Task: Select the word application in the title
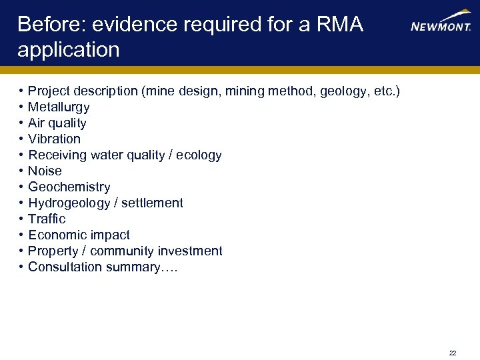(69, 50)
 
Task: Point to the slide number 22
(453, 353)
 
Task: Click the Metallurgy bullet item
(59, 107)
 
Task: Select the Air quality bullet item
(57, 123)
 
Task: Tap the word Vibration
(54, 139)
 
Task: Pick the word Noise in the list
(45, 171)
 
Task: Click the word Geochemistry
(69, 187)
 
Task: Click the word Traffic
(47, 219)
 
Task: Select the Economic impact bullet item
(79, 235)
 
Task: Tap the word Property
(53, 251)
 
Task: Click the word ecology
(199, 155)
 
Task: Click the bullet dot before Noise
(22, 171)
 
